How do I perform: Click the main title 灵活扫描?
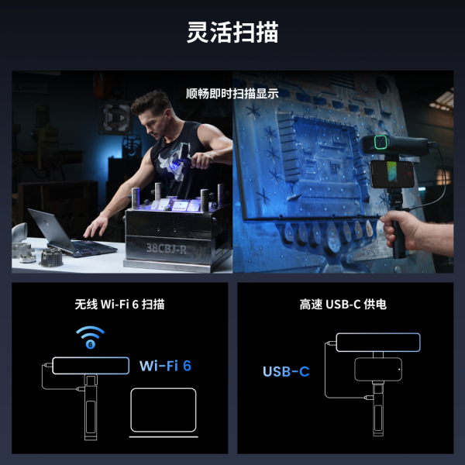click(232, 32)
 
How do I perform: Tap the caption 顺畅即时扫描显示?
click(232, 94)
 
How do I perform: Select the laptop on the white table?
click(72, 233)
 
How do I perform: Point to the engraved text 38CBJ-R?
click(167, 249)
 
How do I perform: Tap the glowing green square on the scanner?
click(381, 142)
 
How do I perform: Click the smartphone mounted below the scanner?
click(392, 174)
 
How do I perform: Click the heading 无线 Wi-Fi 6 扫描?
click(119, 305)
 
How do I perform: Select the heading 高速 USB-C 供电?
click(343, 305)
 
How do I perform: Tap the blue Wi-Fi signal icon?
click(90, 337)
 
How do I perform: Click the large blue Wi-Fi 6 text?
click(165, 366)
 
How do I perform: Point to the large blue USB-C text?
click(286, 371)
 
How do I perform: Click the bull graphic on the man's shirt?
click(172, 163)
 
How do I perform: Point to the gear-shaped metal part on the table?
click(51, 257)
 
